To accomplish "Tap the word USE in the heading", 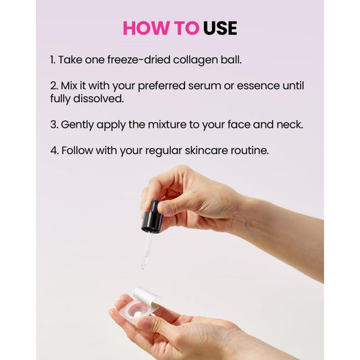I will pos(220,28).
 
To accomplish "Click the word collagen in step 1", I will pos(195,60).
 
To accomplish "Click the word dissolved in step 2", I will pos(98,99).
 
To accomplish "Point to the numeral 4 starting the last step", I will pos(53,150).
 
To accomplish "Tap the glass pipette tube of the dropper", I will pos(146,251).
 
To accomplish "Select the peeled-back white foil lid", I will pos(146,298).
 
